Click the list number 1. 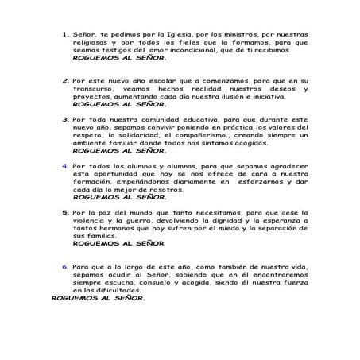click(x=65, y=36)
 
